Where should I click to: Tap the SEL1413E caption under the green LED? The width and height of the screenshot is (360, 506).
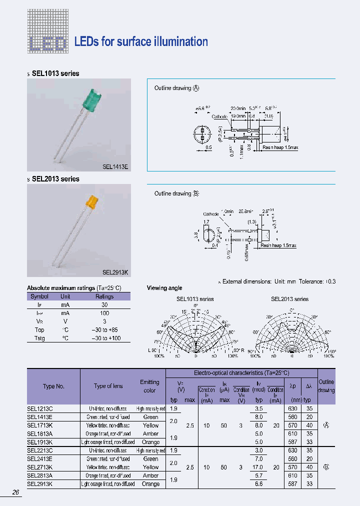[115, 167]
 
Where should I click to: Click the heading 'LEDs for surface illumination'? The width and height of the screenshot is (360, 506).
[141, 42]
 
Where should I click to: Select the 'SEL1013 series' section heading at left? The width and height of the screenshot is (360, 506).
[55, 73]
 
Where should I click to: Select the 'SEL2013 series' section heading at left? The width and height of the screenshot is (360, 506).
[55, 179]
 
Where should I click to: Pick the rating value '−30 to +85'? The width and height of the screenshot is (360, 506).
[104, 330]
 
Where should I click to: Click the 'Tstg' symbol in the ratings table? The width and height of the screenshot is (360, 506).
[39, 338]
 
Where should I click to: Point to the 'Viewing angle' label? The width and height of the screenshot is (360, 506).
[164, 288]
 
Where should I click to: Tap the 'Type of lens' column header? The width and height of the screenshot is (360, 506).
[108, 386]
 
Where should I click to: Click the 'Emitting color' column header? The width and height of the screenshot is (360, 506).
[149, 386]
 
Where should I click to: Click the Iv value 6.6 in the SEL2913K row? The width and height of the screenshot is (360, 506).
[258, 484]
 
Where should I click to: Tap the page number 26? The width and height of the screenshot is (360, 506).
[16, 492]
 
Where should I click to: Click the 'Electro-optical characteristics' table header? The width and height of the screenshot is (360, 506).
[241, 373]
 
